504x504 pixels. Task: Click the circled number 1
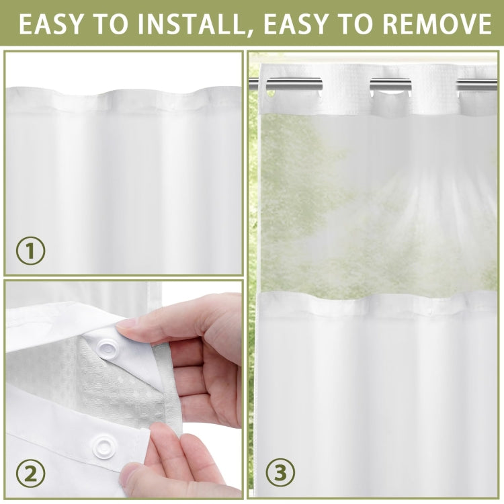[30, 252]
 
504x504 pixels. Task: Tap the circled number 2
[30, 474]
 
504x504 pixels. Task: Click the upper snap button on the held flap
[106, 347]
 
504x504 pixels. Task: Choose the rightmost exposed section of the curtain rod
[478, 85]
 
